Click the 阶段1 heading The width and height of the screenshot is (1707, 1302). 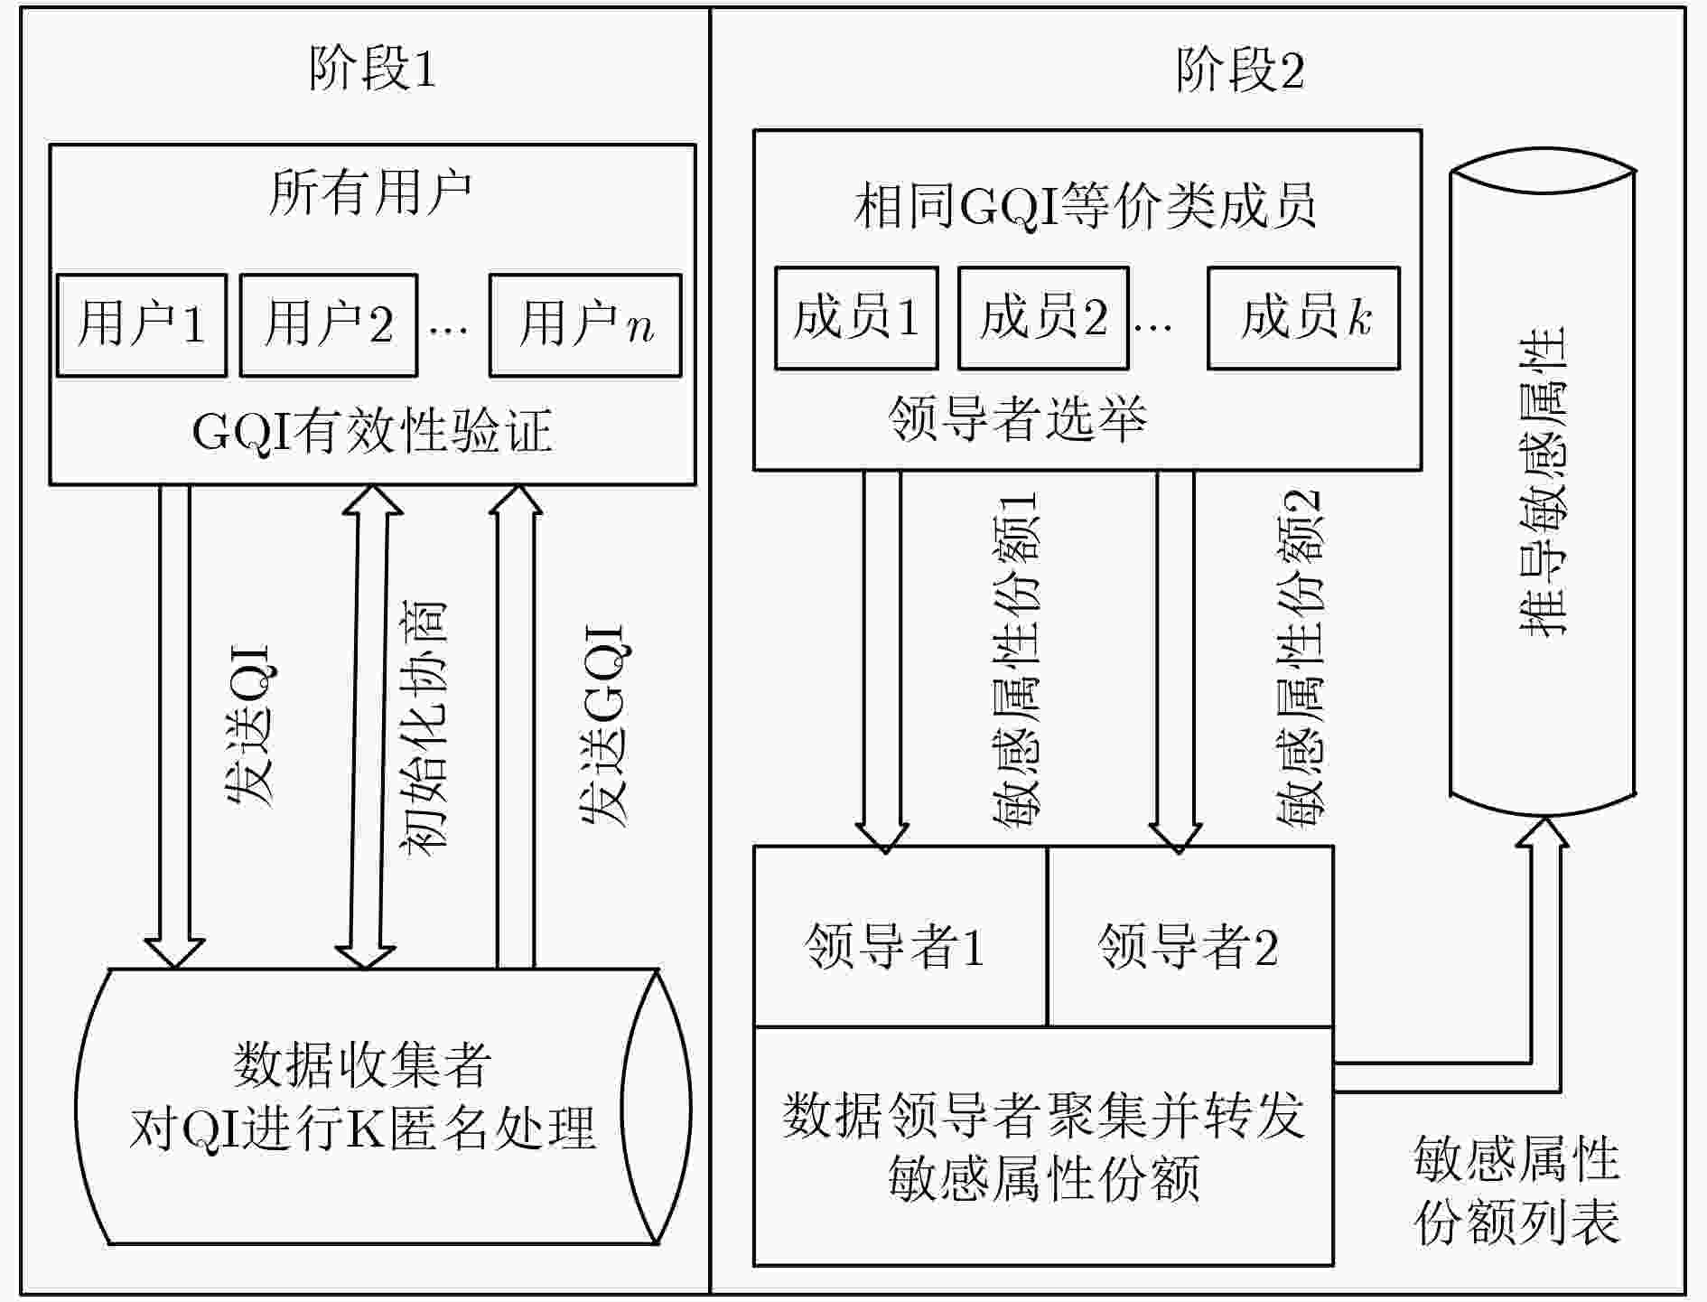(372, 69)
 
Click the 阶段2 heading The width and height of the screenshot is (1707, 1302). (1240, 69)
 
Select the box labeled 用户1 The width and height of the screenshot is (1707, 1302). (142, 325)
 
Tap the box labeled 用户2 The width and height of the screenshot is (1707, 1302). (329, 325)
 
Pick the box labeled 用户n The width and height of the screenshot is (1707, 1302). (585, 325)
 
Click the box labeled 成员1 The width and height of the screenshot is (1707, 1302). (856, 318)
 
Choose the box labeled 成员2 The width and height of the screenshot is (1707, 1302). (1043, 318)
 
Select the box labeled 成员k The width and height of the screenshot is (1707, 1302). (1303, 318)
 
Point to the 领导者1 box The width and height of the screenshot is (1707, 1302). (900, 936)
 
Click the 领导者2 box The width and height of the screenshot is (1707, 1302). (1190, 936)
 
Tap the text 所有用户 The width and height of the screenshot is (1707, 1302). (370, 192)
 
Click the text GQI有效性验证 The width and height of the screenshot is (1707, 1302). (372, 431)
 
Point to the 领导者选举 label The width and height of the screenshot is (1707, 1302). (1017, 418)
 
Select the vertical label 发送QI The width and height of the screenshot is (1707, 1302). (248, 726)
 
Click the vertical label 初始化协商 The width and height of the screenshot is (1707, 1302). (423, 728)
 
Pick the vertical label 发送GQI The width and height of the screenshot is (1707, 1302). (603, 726)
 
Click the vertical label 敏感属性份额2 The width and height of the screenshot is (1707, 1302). (1299, 660)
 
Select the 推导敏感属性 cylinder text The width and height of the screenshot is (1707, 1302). (1543, 482)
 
